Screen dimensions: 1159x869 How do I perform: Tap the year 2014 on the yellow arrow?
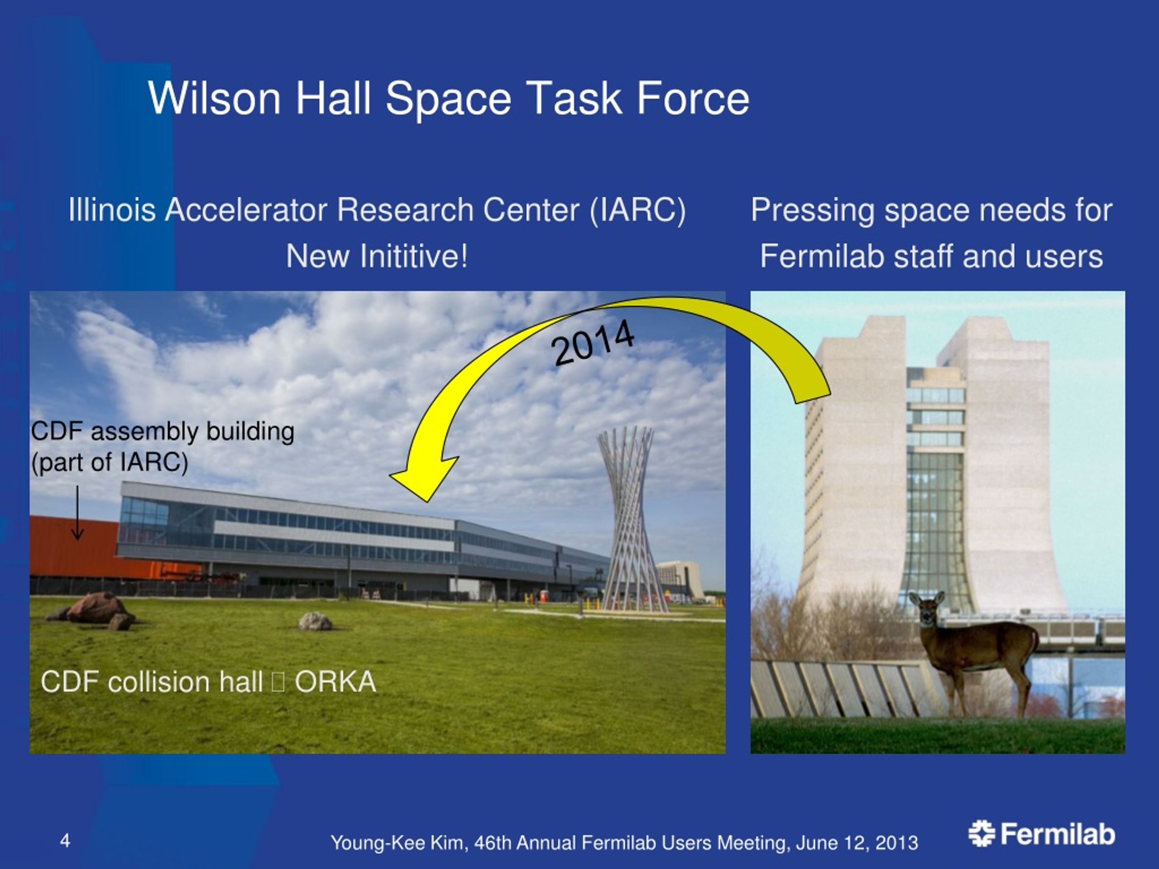pyautogui.click(x=593, y=343)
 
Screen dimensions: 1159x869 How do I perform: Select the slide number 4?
pyautogui.click(x=65, y=840)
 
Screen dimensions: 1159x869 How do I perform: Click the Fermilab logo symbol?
pyautogui.click(x=982, y=833)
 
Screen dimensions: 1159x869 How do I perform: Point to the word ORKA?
pyautogui.click(x=335, y=682)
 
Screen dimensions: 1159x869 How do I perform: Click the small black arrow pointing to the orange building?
pyautogui.click(x=77, y=512)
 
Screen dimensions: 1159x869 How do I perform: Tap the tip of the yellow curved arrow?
pyautogui.click(x=426, y=501)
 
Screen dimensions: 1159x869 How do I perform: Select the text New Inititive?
pyautogui.click(x=377, y=256)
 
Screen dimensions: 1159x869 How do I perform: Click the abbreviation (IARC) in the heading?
pyautogui.click(x=637, y=210)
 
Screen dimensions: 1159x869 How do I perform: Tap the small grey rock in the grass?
pyautogui.click(x=315, y=621)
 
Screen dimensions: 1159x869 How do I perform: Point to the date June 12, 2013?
pyautogui.click(x=857, y=843)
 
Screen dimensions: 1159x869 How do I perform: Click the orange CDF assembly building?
pyautogui.click(x=73, y=547)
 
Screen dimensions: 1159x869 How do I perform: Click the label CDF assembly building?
pyautogui.click(x=163, y=432)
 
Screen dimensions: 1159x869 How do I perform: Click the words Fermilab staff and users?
pyautogui.click(x=932, y=256)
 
